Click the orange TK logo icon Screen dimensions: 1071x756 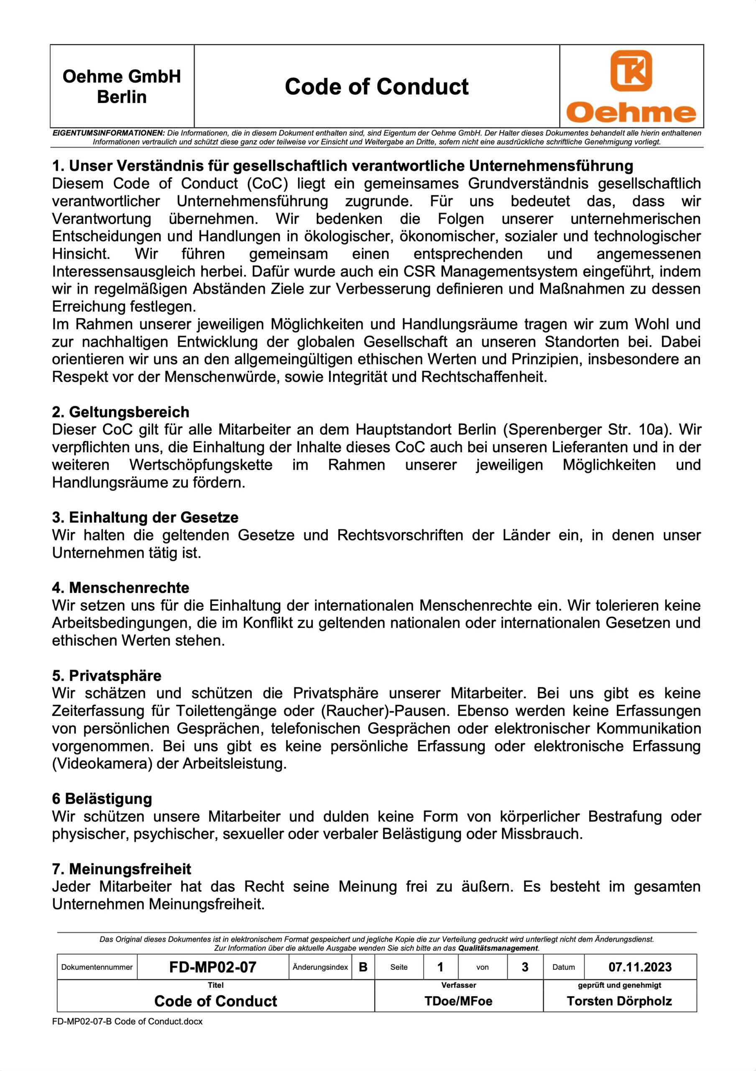point(631,70)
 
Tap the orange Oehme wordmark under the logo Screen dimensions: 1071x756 point(631,113)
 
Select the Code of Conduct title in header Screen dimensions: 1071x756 point(377,87)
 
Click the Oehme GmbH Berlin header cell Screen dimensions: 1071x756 point(122,87)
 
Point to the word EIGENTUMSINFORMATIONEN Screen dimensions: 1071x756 point(109,133)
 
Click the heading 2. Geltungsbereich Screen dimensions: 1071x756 point(121,412)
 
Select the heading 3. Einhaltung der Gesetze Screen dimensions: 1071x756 point(145,518)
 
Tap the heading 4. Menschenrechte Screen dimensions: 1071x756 point(121,587)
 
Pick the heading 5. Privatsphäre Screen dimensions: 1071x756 point(107,675)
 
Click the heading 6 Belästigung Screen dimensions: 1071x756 point(102,799)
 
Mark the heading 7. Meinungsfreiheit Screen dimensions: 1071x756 point(122,869)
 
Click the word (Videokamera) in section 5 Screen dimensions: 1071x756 point(102,764)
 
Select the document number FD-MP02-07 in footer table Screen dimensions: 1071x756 point(212,967)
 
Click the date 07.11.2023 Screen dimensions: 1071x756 point(640,967)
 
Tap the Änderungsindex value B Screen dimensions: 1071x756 point(363,967)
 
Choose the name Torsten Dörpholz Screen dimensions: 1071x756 point(619,1001)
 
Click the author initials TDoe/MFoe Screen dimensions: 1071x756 point(458,1001)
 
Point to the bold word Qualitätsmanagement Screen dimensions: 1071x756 point(498,948)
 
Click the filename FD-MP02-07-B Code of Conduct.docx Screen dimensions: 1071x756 point(127,1021)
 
